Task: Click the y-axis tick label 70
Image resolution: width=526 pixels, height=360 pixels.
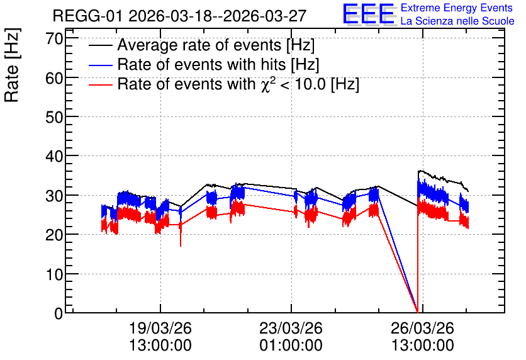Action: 54,38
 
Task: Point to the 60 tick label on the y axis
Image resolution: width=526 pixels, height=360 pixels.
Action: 54,78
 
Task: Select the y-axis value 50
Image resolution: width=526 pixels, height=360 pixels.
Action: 54,117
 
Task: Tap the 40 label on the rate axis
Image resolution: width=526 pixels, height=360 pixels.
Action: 54,156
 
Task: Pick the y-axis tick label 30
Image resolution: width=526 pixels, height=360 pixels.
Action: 54,196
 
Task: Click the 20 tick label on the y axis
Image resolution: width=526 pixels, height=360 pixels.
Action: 54,235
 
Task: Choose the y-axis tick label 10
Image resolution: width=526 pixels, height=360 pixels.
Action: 54,274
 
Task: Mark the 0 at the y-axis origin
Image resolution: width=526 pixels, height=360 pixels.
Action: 59,313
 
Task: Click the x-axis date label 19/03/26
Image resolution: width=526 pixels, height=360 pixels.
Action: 160,328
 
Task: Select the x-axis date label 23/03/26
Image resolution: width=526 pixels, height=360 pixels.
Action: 291,328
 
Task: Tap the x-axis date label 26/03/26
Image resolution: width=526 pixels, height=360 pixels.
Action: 422,328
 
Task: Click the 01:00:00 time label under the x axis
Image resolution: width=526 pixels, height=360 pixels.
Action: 291,345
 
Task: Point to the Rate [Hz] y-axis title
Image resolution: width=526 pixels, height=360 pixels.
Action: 13,65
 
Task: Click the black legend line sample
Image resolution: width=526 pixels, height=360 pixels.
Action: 100,45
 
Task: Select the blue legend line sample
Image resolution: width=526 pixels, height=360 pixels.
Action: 100,65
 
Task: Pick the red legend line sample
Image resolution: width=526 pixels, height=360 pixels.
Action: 100,84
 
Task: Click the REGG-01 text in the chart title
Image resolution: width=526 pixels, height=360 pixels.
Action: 88,16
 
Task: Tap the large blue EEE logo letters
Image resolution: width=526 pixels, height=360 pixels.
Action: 369,14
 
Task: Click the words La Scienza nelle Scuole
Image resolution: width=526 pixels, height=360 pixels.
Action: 457,21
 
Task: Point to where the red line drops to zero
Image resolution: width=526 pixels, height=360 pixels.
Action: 418,312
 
